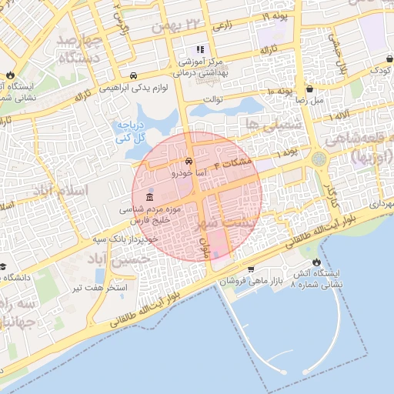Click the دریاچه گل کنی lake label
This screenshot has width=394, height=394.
tap(129, 132)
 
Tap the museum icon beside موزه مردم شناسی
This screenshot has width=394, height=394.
tap(148, 197)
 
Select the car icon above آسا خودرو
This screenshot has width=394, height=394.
tap(189, 162)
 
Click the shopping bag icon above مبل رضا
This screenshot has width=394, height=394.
tap(309, 88)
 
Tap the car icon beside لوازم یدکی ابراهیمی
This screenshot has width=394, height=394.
tap(134, 75)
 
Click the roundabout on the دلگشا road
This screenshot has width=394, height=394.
tap(318, 159)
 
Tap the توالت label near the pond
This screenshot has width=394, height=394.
tap(212, 99)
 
